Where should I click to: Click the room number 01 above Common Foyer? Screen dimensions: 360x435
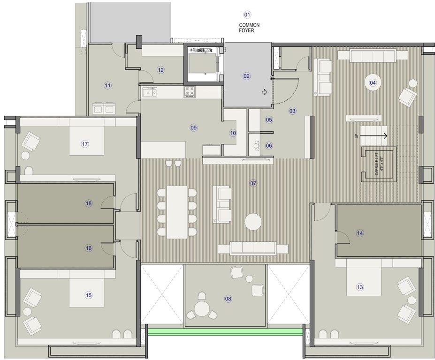tap(247, 15)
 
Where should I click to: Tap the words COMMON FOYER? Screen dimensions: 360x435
tap(249, 28)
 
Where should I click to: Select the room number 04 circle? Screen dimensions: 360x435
tap(373, 83)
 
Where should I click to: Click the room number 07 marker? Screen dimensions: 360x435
tap(253, 183)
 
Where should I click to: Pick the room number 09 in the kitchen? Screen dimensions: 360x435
tap(193, 127)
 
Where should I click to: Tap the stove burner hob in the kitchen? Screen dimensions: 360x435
tap(190, 92)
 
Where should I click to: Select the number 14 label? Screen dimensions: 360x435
tap(360, 233)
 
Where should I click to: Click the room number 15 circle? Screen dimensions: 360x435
tap(88, 295)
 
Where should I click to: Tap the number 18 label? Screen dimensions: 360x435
tap(89, 203)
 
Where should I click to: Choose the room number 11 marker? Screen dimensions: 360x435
tap(108, 85)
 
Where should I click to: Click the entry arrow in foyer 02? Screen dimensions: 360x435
tap(264, 92)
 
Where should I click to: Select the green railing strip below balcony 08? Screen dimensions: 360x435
tap(224, 331)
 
